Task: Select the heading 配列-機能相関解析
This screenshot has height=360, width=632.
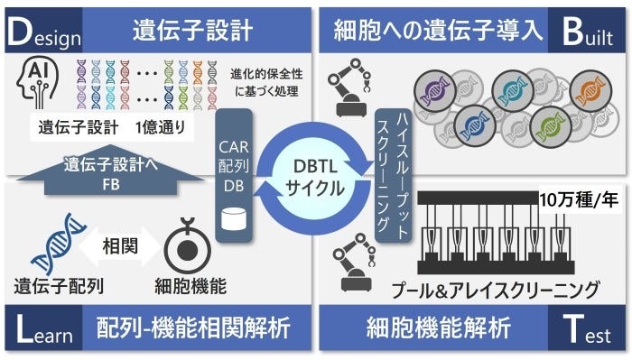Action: pos(191,329)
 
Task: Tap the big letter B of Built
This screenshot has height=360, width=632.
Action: pos(572,30)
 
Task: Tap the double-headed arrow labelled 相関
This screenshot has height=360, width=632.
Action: pos(115,245)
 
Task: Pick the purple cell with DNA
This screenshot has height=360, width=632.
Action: pos(432,89)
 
